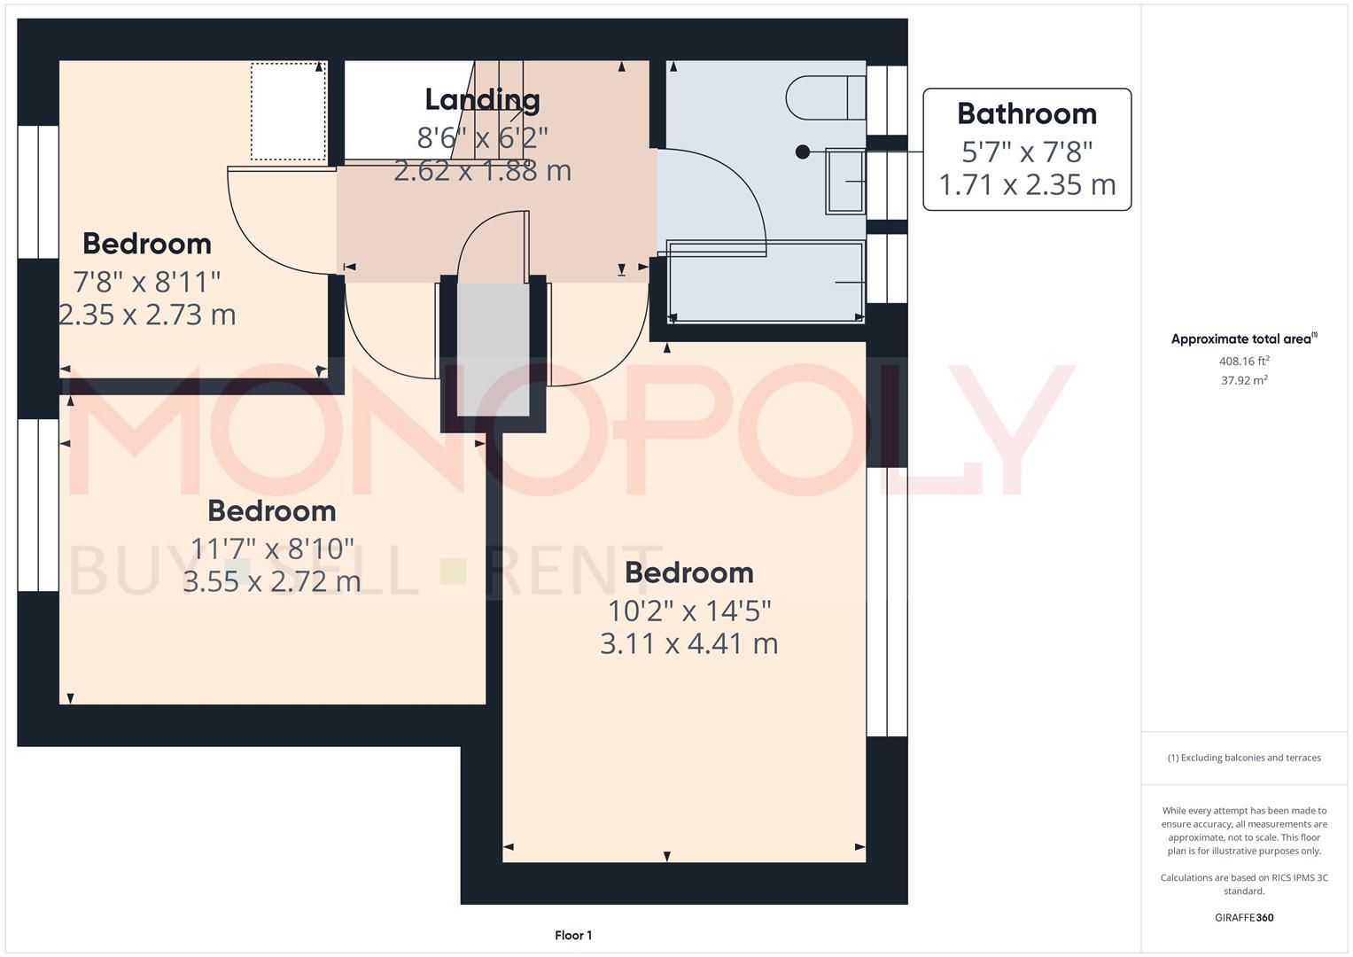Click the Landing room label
(x=482, y=100)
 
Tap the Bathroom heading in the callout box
(x=1026, y=114)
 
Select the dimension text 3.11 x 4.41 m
(x=688, y=643)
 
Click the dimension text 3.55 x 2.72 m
(x=271, y=581)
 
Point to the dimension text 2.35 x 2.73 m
(x=147, y=315)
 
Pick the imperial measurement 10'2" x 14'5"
(x=688, y=611)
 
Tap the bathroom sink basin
(x=845, y=181)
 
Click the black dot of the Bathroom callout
(x=803, y=152)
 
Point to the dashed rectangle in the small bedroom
(x=288, y=111)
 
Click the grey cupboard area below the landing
(x=493, y=349)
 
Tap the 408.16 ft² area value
(x=1244, y=362)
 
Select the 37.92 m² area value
(x=1244, y=380)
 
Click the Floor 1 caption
(x=573, y=936)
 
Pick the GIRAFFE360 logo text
(x=1244, y=918)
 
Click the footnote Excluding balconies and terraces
(x=1244, y=758)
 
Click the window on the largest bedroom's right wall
(x=886, y=603)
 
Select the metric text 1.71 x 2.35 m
(x=1026, y=185)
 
